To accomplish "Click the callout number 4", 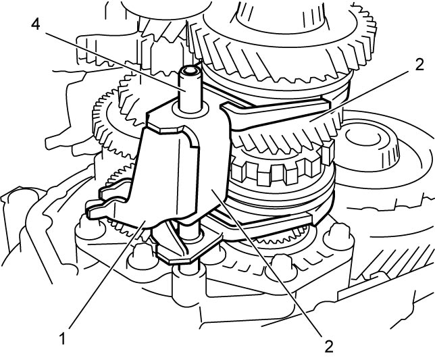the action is [36, 24].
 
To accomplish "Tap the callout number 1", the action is [63, 338].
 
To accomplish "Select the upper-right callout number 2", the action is [419, 65].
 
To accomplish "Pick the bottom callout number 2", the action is [328, 346].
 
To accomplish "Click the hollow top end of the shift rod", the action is [190, 71].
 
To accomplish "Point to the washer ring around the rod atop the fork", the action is [190, 109].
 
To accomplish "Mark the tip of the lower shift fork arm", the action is [311, 219].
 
